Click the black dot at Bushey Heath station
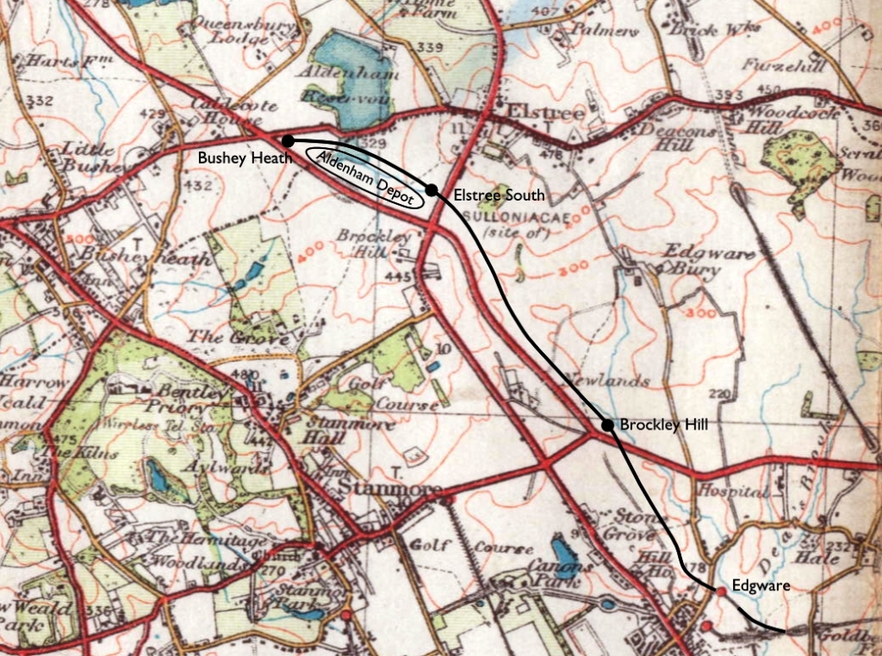(289, 139)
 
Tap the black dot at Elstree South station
(432, 189)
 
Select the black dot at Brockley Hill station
(607, 424)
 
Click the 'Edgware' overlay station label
(761, 585)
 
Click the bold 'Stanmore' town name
(383, 489)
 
